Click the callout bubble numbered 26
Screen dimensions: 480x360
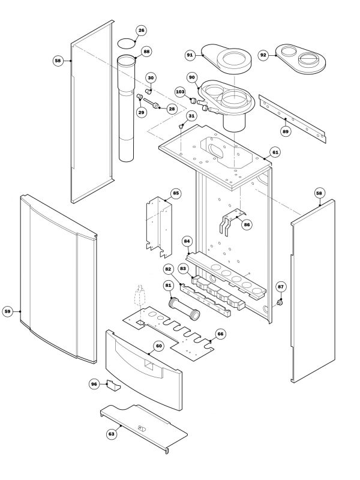(x=141, y=30)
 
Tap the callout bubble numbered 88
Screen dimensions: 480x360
(x=147, y=53)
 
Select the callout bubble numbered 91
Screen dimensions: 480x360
(x=190, y=55)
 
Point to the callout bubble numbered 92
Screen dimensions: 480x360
(x=263, y=55)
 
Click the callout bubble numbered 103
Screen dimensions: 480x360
(x=180, y=92)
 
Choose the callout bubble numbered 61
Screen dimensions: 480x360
(x=275, y=152)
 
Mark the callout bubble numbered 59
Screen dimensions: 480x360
(x=8, y=311)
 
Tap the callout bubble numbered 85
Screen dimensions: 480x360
(x=175, y=193)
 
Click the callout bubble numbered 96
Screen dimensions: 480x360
(x=94, y=383)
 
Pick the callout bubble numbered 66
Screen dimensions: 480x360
(x=220, y=333)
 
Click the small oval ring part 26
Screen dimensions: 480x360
(x=127, y=43)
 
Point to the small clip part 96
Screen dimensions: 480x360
(x=112, y=386)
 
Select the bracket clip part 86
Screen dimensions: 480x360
(x=230, y=221)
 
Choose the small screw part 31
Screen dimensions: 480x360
(x=182, y=126)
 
